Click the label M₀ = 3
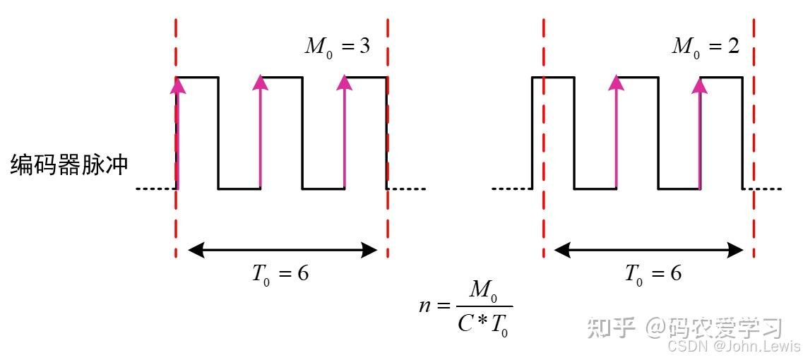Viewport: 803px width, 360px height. tap(338, 47)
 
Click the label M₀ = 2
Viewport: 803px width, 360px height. tap(705, 47)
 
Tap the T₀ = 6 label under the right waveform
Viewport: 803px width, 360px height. tap(653, 274)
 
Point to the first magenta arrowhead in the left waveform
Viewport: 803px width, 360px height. tap(177, 85)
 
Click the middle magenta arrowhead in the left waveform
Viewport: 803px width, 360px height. tap(261, 83)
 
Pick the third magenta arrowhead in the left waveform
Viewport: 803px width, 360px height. tap(345, 83)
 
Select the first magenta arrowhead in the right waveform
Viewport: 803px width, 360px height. tap(617, 83)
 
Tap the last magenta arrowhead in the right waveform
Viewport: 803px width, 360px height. tap(700, 85)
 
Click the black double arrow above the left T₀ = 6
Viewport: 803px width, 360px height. tap(282, 249)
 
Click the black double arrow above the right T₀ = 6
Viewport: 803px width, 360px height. tap(649, 249)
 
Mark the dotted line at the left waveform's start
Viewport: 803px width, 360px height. tap(155, 189)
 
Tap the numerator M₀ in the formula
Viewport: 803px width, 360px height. tap(484, 291)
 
